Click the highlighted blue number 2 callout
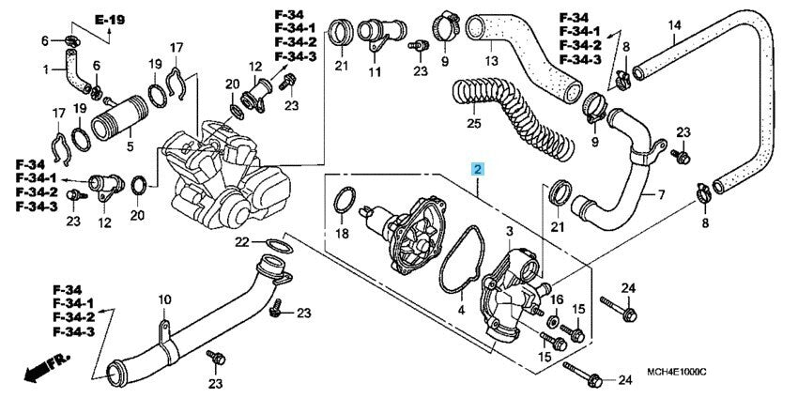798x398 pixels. tap(479, 170)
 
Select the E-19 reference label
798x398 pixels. tap(84, 18)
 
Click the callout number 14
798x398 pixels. tap(673, 24)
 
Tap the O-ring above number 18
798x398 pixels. tap(344, 200)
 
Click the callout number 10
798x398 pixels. tap(164, 299)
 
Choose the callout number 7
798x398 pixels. tap(661, 195)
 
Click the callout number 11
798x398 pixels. tap(375, 72)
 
